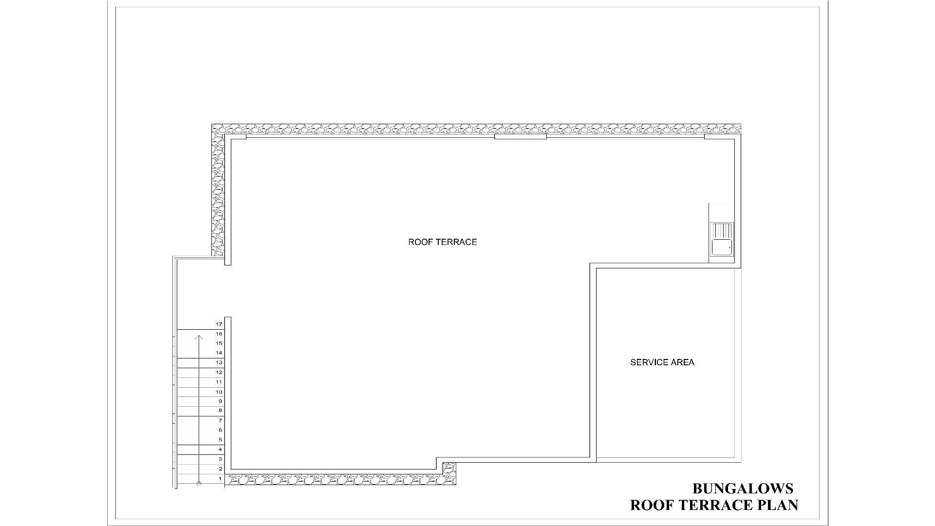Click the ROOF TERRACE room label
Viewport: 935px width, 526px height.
[x=443, y=242]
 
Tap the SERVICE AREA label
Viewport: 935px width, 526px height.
[x=662, y=362]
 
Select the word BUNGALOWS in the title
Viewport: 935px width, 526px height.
[x=743, y=488]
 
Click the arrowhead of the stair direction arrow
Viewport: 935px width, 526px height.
[x=199, y=338]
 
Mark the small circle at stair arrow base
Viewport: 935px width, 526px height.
[x=199, y=483]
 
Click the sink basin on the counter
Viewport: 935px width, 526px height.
[x=722, y=247]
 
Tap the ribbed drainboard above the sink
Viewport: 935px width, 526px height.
[x=722, y=230]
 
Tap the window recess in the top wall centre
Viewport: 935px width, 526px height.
[x=521, y=137]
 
